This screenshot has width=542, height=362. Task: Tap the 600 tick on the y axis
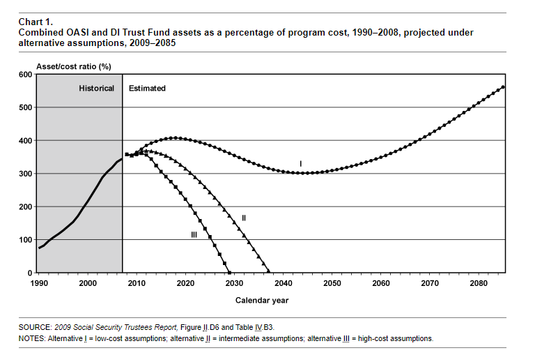pyautogui.click(x=24, y=75)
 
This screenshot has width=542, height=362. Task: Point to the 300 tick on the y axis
pyautogui.click(x=24, y=174)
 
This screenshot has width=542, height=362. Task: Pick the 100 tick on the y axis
pyautogui.click(x=24, y=240)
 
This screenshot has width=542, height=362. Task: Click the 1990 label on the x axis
pyautogui.click(x=39, y=283)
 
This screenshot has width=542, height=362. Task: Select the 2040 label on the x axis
pyautogui.click(x=283, y=283)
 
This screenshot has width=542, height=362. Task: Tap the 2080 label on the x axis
pyautogui.click(x=479, y=283)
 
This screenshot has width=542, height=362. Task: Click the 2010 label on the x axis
pyautogui.click(x=137, y=283)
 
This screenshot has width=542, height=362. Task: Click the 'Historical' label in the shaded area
pyautogui.click(x=96, y=89)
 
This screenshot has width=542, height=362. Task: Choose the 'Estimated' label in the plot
pyautogui.click(x=148, y=89)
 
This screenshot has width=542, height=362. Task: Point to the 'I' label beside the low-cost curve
pyautogui.click(x=301, y=163)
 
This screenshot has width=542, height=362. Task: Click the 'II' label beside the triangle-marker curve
pyautogui.click(x=244, y=218)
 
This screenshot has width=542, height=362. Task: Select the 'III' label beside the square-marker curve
pyautogui.click(x=194, y=235)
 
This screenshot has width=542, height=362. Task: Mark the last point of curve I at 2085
pyautogui.click(x=503, y=87)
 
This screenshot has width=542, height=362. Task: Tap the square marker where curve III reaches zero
pyautogui.click(x=229, y=272)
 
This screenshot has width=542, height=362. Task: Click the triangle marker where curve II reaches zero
pyautogui.click(x=268, y=272)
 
